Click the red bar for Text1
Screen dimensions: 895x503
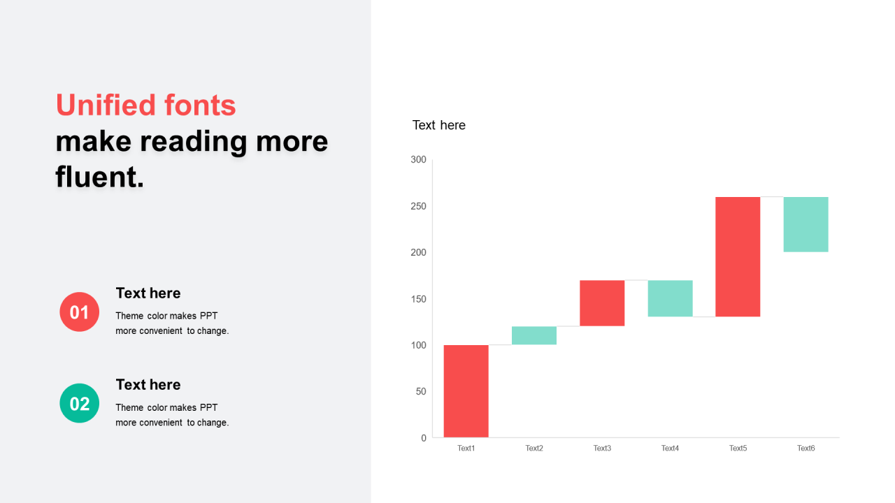pos(466,391)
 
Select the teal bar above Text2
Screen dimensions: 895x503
pos(534,335)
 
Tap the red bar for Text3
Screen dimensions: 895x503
pos(602,303)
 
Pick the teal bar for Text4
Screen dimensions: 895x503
pos(670,298)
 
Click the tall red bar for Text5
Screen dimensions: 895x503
pos(738,256)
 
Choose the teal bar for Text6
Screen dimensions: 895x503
pos(806,224)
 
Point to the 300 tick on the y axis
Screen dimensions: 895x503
pos(418,160)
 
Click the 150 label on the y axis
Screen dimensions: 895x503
pos(418,299)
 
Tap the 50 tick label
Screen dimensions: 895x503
pos(421,392)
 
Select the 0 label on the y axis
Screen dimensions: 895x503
pos(424,438)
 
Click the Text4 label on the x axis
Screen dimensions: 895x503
pos(670,449)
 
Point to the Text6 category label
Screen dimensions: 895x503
pos(806,449)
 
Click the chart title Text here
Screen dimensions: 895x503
pos(438,125)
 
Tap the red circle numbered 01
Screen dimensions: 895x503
pos(80,312)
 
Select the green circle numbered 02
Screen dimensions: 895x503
pos(80,403)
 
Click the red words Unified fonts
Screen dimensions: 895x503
pos(146,105)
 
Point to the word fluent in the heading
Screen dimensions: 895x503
pos(99,177)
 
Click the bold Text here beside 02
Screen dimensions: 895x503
pos(148,384)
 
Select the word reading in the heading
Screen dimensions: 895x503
pos(194,143)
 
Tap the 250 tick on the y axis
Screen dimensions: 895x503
pos(418,206)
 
